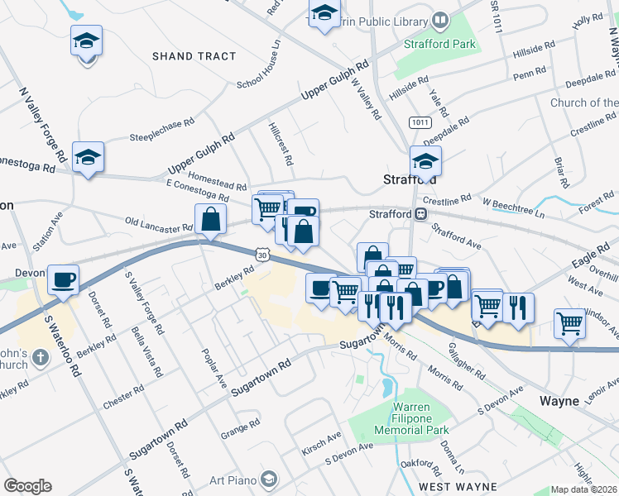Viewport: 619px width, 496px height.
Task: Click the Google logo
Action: (27, 486)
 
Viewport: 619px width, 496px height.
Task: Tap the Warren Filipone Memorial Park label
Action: (400, 418)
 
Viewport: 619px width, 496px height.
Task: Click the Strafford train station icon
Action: (421, 214)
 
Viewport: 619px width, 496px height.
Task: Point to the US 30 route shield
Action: (262, 256)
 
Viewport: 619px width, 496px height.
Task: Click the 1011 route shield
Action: (420, 122)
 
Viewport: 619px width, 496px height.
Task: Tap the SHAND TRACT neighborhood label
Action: (194, 56)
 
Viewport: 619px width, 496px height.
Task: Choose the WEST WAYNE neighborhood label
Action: (451, 487)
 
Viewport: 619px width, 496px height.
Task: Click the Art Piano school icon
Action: (268, 479)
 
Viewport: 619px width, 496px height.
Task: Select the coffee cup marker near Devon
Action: (63, 280)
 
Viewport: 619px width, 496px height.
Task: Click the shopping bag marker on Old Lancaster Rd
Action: (211, 219)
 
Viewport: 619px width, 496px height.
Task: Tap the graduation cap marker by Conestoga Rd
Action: (88, 157)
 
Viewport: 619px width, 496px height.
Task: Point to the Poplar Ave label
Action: (211, 368)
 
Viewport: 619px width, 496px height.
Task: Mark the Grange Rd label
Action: (241, 432)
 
